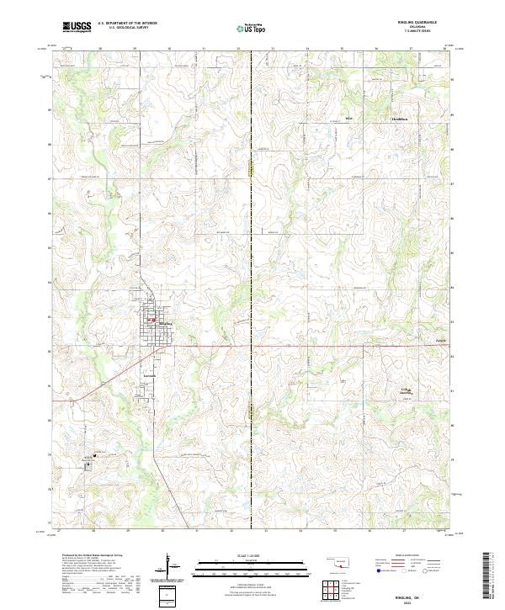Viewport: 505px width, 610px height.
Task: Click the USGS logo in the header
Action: pos(77,27)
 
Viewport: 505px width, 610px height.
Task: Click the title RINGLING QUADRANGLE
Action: pos(418,22)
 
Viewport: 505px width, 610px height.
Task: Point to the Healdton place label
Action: pos(400,119)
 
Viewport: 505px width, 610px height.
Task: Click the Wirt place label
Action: pos(348,119)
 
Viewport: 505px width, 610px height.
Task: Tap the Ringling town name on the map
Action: pos(166,323)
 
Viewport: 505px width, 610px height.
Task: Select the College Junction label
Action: pos(406,391)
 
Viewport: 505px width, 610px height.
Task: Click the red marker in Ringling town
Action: pos(152,321)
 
